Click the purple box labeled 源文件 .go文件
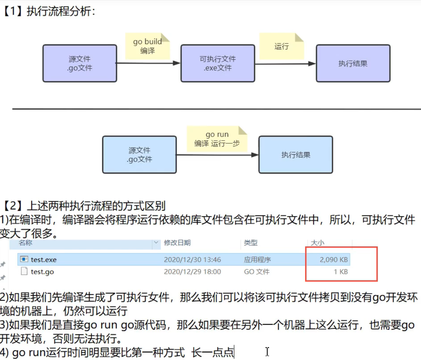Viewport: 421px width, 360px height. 80,63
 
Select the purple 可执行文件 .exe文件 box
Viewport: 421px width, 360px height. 218,63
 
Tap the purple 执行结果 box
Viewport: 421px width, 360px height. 353,63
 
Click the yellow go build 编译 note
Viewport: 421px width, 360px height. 148,46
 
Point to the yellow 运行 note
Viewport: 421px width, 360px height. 281,46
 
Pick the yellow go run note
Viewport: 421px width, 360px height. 217,139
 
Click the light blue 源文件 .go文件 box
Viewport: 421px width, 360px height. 139,155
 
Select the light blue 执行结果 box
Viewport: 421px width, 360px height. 295,155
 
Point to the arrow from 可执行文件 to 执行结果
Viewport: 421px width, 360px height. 285,63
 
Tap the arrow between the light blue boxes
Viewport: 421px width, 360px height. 217,155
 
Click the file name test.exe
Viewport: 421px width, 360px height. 44,259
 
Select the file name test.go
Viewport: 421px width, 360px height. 42,272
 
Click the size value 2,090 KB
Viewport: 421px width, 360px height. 334,259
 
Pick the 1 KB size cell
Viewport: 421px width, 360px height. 341,272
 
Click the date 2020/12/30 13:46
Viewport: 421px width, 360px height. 192,259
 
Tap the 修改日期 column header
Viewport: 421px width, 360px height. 177,243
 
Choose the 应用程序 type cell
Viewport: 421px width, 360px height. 257,259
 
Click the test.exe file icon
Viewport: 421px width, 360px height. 24,259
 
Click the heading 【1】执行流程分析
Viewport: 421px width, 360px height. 49,11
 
